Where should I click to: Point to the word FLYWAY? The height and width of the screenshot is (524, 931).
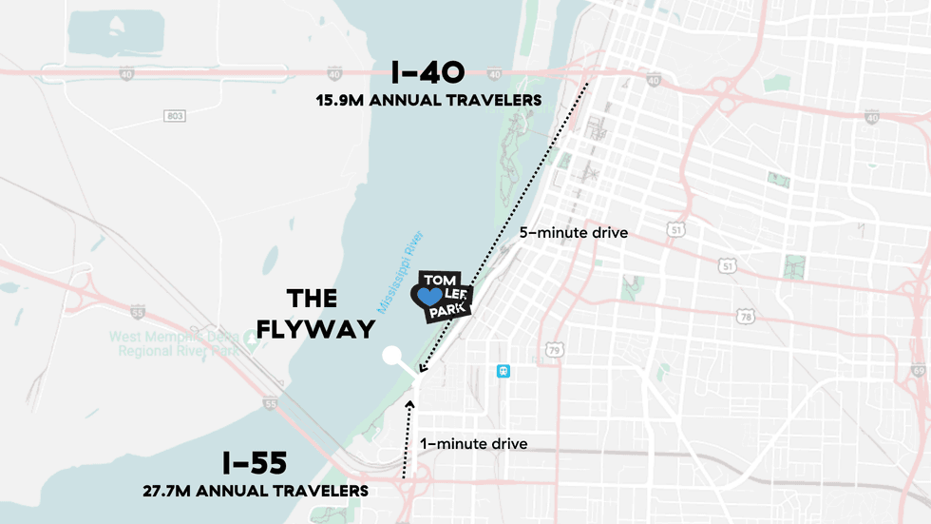(x=316, y=329)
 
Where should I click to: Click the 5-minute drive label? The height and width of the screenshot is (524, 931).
(x=573, y=232)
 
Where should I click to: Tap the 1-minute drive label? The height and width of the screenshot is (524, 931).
(x=473, y=443)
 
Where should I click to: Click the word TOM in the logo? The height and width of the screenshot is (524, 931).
(x=440, y=280)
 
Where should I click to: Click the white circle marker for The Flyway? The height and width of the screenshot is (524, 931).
(x=391, y=356)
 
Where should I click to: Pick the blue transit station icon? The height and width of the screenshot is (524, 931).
(x=503, y=371)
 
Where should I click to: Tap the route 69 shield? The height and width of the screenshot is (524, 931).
(x=918, y=369)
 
